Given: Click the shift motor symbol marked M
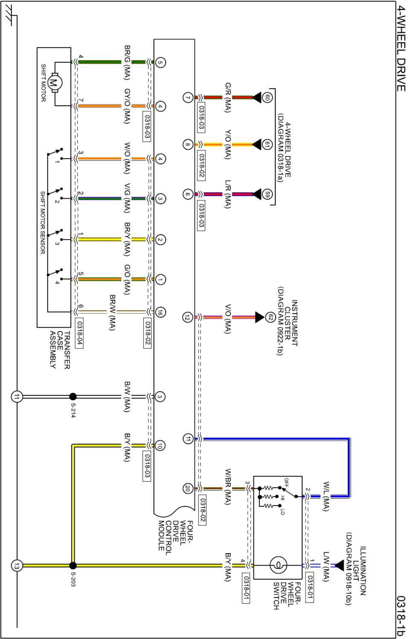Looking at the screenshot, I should point(54,83).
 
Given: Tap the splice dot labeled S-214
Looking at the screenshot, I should point(73,397).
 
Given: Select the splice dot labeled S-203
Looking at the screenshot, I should point(73,566).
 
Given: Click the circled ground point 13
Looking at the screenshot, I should point(17,566).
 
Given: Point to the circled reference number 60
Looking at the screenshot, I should point(268,98).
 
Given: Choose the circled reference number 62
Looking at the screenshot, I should point(270,317).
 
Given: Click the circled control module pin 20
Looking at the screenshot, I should point(188,489).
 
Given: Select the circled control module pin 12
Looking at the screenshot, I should point(188,317).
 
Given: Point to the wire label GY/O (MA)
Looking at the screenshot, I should point(127,106).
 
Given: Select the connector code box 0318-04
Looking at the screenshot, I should point(79,333).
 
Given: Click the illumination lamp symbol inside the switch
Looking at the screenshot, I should point(278,566).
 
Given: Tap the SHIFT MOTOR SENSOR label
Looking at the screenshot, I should point(43,222).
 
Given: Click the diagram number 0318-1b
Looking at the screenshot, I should point(400,615).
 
